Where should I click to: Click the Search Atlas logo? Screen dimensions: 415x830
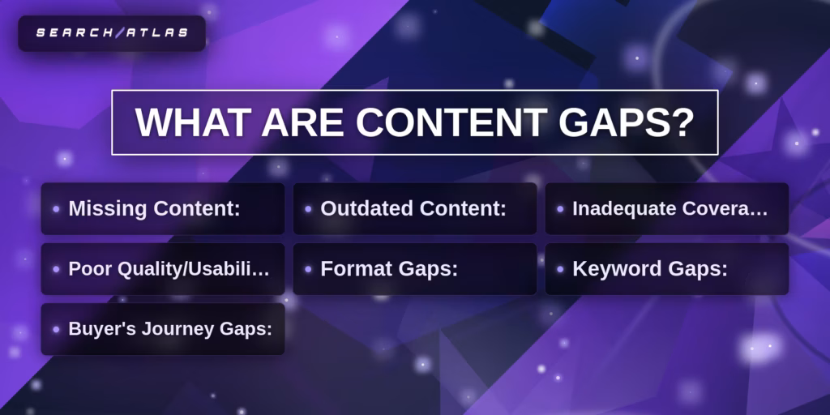[x=112, y=33]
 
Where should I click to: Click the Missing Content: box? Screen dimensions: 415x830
[x=163, y=208]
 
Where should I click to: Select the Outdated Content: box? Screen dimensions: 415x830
[x=414, y=208]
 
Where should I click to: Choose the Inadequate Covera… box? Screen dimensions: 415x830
[x=666, y=208]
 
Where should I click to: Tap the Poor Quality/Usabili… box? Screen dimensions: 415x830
[x=163, y=269]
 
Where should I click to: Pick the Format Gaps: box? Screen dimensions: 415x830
[x=414, y=269]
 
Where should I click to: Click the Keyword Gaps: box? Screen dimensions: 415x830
[x=666, y=269]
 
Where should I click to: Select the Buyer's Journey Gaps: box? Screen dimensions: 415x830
[x=163, y=329]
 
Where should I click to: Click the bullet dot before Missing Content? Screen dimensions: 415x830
[x=56, y=209]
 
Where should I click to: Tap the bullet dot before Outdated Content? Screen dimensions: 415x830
[x=308, y=209]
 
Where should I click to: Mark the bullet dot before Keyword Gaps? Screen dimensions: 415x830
[x=560, y=269]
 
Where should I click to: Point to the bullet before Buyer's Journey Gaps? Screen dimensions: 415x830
[x=56, y=329]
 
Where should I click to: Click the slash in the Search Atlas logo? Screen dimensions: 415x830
[x=121, y=33]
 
